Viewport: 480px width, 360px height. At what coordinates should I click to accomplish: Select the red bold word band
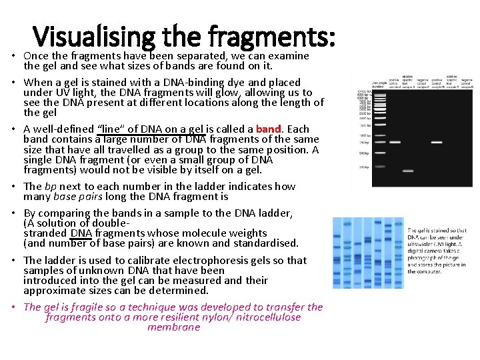[x=269, y=129]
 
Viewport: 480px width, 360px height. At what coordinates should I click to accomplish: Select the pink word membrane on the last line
[x=173, y=327]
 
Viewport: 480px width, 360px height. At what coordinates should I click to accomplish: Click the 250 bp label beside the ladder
[x=362, y=167]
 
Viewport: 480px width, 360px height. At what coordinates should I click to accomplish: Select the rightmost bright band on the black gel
[x=437, y=142]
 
